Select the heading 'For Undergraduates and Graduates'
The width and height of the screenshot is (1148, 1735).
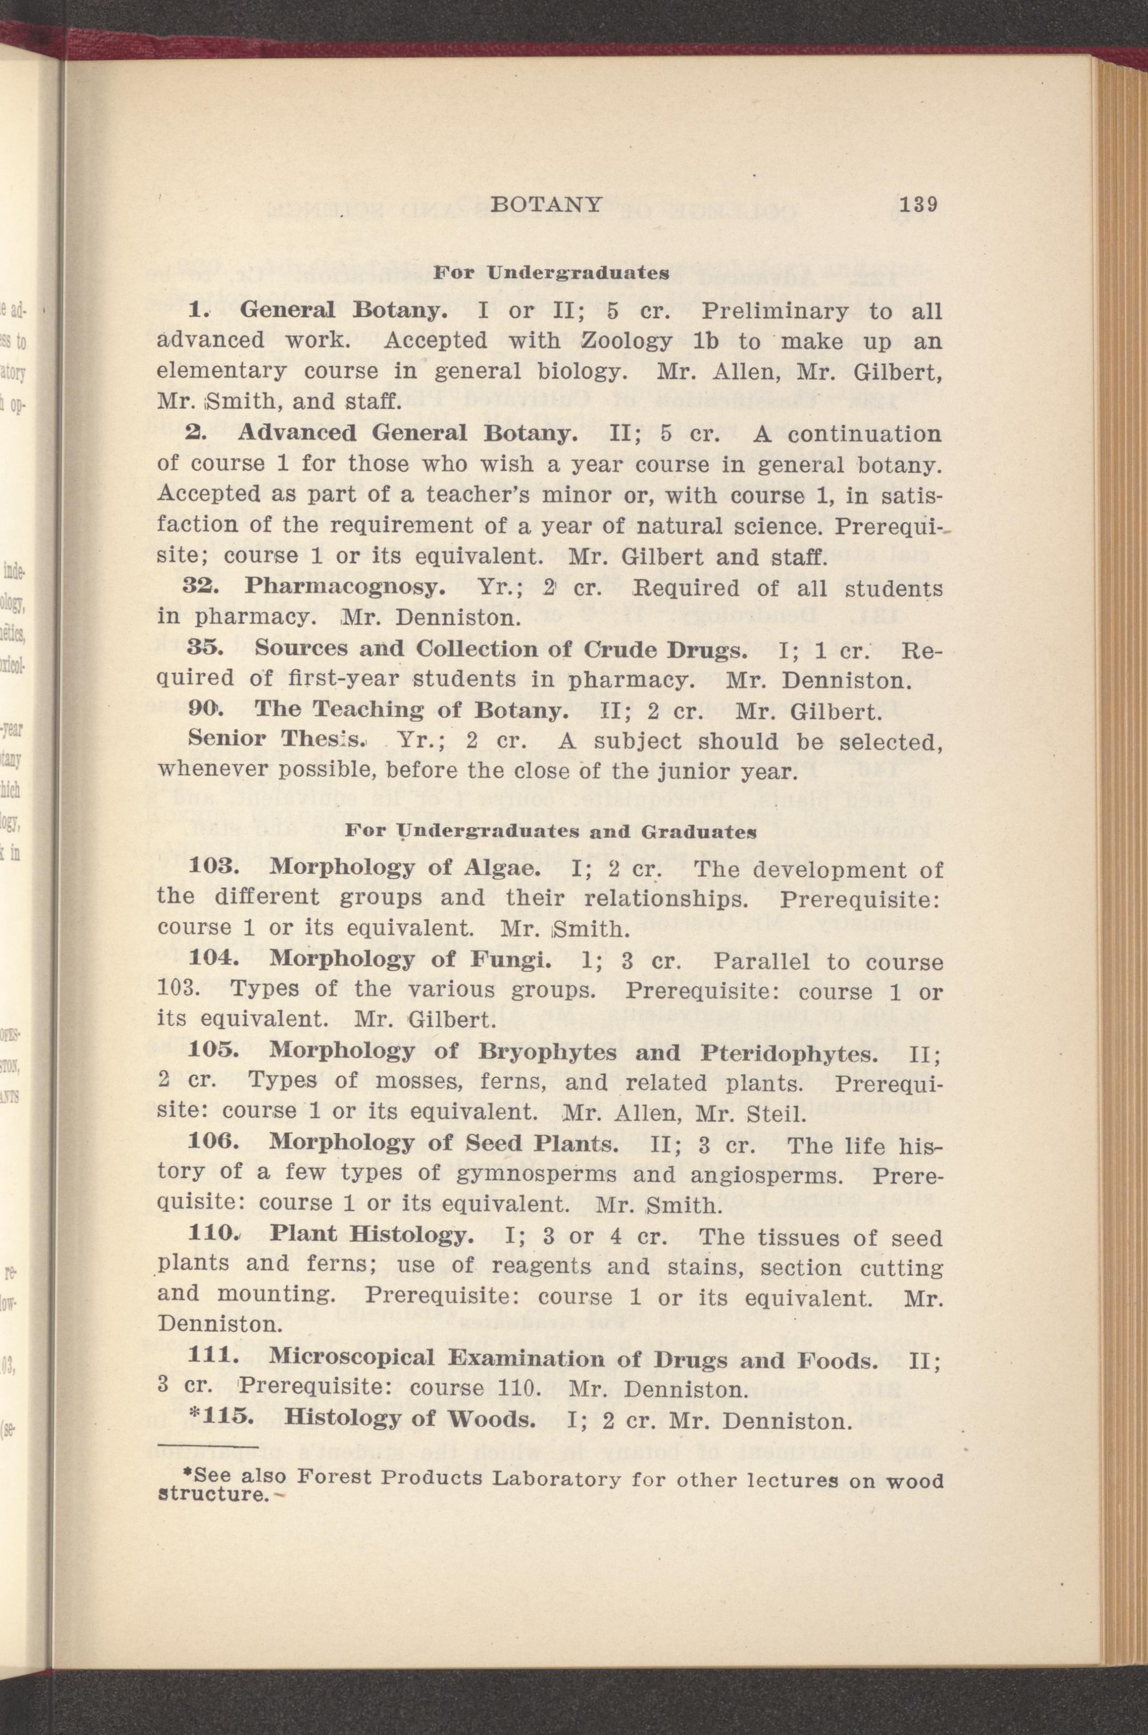click(550, 832)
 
